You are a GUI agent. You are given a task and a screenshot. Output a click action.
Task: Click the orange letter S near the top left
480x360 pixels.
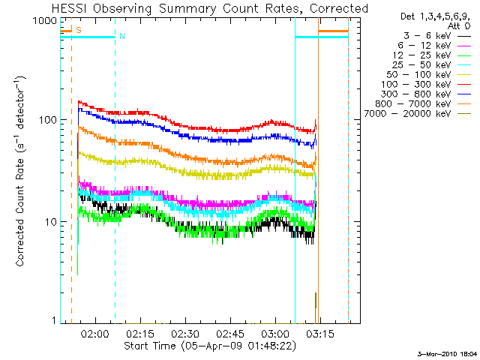coord(78,30)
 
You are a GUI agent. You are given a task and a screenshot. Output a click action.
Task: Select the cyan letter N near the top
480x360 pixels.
coord(121,36)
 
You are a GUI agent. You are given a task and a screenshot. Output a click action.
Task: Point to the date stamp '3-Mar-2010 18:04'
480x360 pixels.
coord(447,353)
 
